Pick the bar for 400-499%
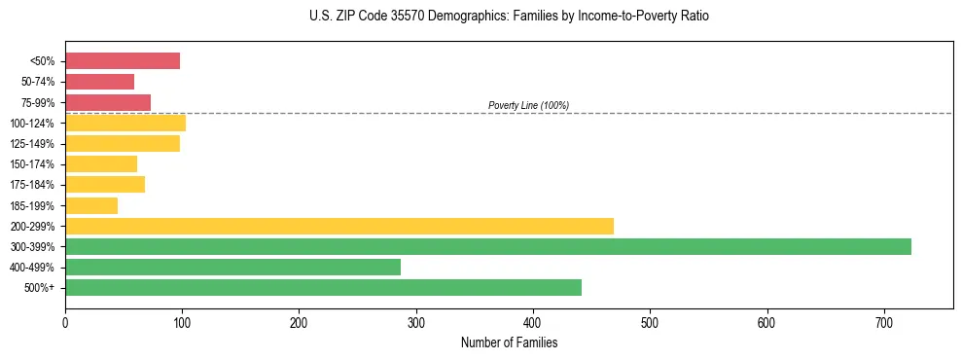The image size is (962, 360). pyautogui.click(x=232, y=267)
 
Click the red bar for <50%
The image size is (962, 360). pyautogui.click(x=123, y=61)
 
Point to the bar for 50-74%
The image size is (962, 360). pyautogui.click(x=99, y=82)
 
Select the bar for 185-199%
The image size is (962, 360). pyautogui.click(x=91, y=205)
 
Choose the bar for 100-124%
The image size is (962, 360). pyautogui.click(x=125, y=123)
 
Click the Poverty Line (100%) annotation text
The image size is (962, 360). pyautogui.click(x=528, y=105)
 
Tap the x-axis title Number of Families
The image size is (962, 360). pyautogui.click(x=509, y=342)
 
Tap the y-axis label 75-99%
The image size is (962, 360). pyautogui.click(x=38, y=102)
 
